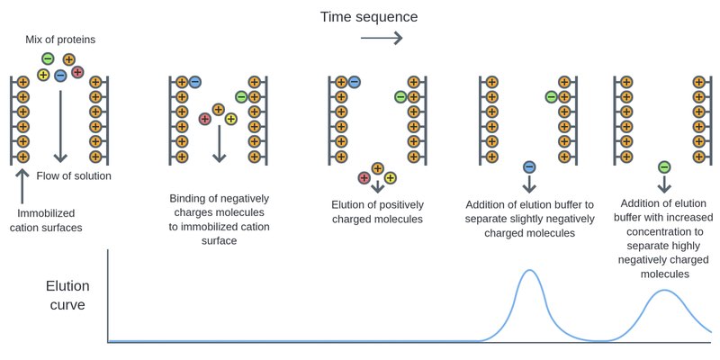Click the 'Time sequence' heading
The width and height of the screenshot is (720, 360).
point(369,16)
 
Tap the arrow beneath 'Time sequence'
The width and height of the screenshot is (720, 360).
point(381,38)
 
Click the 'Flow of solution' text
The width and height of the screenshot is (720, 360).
point(74,176)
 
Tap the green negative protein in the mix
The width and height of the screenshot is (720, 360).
point(48,59)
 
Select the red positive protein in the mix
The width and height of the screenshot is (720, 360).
point(77,72)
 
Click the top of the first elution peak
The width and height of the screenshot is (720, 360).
point(530,271)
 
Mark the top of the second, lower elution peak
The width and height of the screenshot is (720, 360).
point(664,291)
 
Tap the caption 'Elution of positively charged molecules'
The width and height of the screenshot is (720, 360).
point(378,211)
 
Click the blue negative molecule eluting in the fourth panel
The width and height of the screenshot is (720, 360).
point(529,166)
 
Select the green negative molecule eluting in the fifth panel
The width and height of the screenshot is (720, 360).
point(664,166)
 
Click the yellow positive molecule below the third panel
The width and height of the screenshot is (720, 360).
point(391,177)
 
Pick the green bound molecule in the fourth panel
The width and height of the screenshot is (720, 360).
point(551,96)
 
